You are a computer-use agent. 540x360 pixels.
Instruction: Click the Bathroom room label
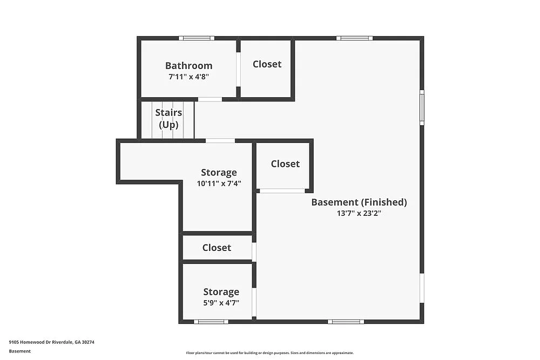[188, 66]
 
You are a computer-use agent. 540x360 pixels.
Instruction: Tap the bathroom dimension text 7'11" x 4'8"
[188, 77]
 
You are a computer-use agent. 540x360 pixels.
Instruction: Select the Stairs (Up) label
[168, 118]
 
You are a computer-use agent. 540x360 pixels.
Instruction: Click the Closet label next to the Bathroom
[267, 64]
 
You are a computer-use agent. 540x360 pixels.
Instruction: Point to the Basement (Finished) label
[359, 202]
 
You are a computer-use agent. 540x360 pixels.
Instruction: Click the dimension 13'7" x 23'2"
[359, 213]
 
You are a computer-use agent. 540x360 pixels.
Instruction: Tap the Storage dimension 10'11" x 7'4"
[219, 184]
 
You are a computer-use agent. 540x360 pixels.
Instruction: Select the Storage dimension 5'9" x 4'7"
[221, 303]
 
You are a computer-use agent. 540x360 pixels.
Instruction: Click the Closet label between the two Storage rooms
[217, 248]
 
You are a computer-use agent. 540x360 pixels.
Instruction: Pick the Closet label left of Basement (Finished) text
[285, 164]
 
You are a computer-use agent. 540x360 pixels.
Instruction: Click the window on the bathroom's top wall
[197, 38]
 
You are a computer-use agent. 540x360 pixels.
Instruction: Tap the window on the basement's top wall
[354, 38]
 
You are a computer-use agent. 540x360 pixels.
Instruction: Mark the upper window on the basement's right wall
[422, 107]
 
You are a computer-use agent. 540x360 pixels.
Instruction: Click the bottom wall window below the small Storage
[211, 322]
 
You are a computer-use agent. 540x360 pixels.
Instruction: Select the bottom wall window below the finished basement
[346, 322]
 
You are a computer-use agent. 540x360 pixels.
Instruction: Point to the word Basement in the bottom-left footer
[20, 351]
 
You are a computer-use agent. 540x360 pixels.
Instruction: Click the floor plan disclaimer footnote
[270, 352]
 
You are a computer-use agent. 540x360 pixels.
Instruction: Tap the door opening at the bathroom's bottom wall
[210, 99]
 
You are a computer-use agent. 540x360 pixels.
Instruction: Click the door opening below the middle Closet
[282, 191]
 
